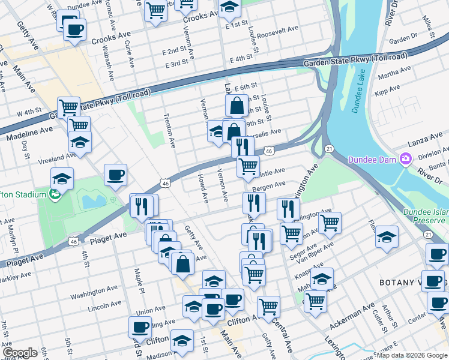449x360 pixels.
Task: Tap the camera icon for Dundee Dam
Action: [406, 159]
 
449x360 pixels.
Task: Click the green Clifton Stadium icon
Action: [55, 194]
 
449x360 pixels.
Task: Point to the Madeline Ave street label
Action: [30, 133]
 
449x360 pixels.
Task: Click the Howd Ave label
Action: [202, 188]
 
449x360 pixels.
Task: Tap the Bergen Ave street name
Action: [268, 188]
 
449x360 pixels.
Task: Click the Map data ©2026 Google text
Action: [412, 355]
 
